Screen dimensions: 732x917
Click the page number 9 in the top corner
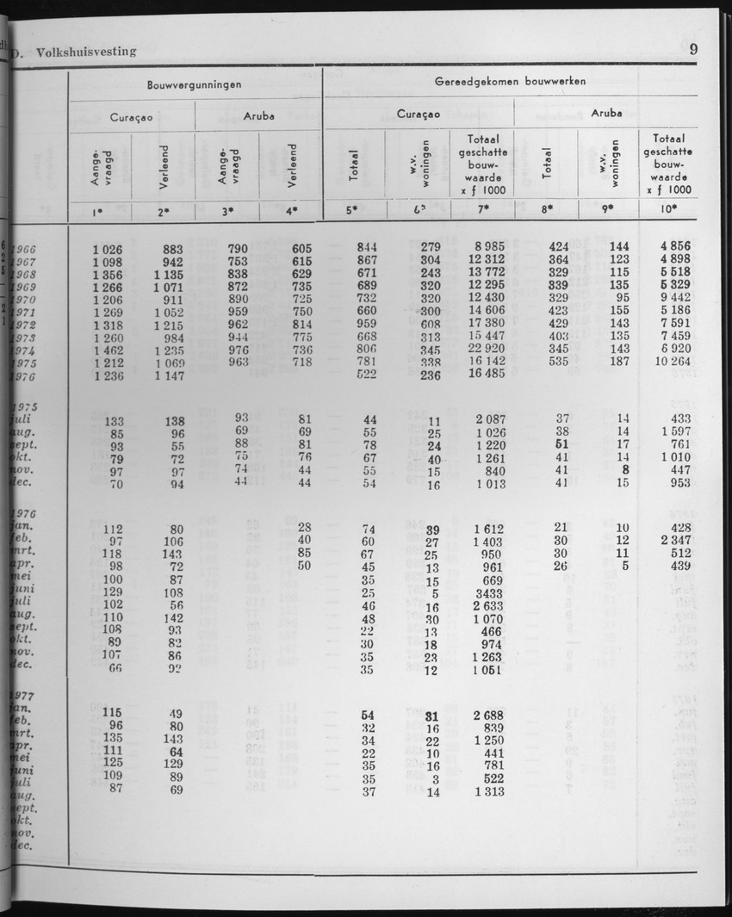click(x=693, y=49)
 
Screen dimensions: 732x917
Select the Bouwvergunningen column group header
click(x=194, y=84)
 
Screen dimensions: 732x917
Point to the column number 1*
click(x=100, y=210)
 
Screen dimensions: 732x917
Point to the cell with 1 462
click(x=109, y=352)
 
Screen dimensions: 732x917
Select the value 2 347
click(x=672, y=540)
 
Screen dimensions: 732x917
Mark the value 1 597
click(x=672, y=431)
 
